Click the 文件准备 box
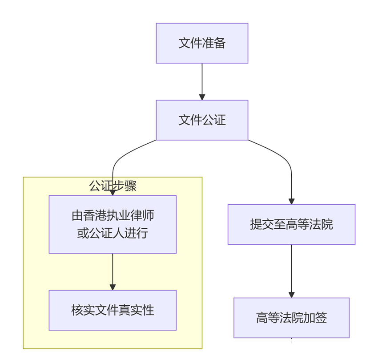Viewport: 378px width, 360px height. (202, 43)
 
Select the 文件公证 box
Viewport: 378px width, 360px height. (202, 120)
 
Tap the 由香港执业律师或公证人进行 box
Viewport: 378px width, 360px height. (113, 224)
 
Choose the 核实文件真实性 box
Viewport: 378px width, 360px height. (113, 310)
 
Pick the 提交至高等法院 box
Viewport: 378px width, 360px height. (291, 224)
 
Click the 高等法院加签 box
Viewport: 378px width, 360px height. (291, 318)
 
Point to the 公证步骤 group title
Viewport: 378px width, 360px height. (113, 186)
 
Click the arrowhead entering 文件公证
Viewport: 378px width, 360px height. (202, 97)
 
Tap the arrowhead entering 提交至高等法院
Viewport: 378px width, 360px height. (291, 201)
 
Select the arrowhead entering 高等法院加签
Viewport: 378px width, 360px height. (291, 295)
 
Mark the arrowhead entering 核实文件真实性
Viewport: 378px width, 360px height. (113, 287)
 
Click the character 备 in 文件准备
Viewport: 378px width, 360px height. (220, 43)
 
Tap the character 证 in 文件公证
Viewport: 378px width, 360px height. (220, 120)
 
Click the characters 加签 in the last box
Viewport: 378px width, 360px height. (315, 318)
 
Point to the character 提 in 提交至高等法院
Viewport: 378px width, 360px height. (256, 224)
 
